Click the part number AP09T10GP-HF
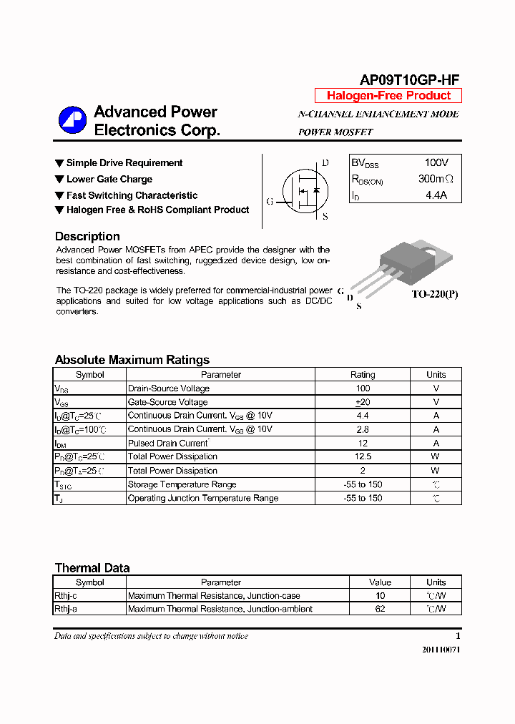click(409, 80)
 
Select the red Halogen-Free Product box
click(388, 96)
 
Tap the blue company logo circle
click(72, 120)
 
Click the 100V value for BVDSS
click(436, 163)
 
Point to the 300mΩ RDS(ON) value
click(436, 179)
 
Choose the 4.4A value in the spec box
click(436, 195)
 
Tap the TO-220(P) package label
click(434, 294)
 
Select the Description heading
click(87, 236)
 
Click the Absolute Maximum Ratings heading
click(132, 360)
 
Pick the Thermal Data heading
click(92, 568)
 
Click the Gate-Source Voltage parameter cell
click(167, 402)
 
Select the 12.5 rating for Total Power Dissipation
click(363, 456)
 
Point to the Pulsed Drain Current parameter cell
click(167, 443)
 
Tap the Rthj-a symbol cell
click(66, 609)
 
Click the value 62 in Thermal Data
click(380, 609)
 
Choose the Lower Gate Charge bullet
click(109, 179)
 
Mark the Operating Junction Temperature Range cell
click(202, 498)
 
